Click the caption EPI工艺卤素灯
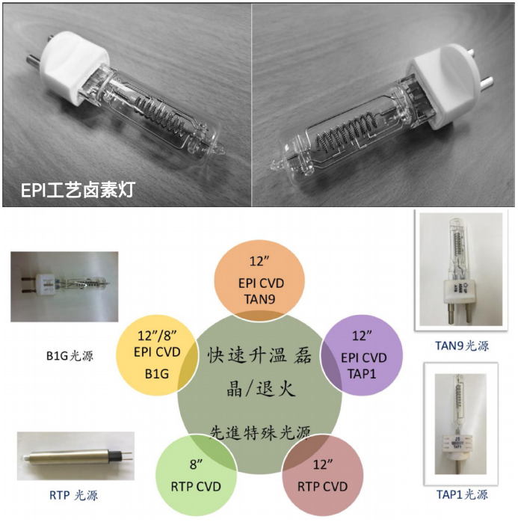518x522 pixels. (x=78, y=190)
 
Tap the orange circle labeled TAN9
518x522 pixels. (x=259, y=280)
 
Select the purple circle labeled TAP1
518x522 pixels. (x=363, y=355)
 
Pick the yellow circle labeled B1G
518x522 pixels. (x=157, y=355)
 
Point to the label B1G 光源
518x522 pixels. (x=70, y=356)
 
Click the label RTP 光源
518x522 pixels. (x=73, y=495)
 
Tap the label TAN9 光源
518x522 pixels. (x=462, y=346)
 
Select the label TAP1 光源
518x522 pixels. (x=462, y=494)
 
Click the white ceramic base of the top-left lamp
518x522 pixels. (x=75, y=67)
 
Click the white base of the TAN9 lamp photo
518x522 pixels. (x=460, y=292)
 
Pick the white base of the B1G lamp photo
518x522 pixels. (x=46, y=286)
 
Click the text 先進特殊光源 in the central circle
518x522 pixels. (x=260, y=432)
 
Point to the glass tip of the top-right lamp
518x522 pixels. (x=276, y=164)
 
